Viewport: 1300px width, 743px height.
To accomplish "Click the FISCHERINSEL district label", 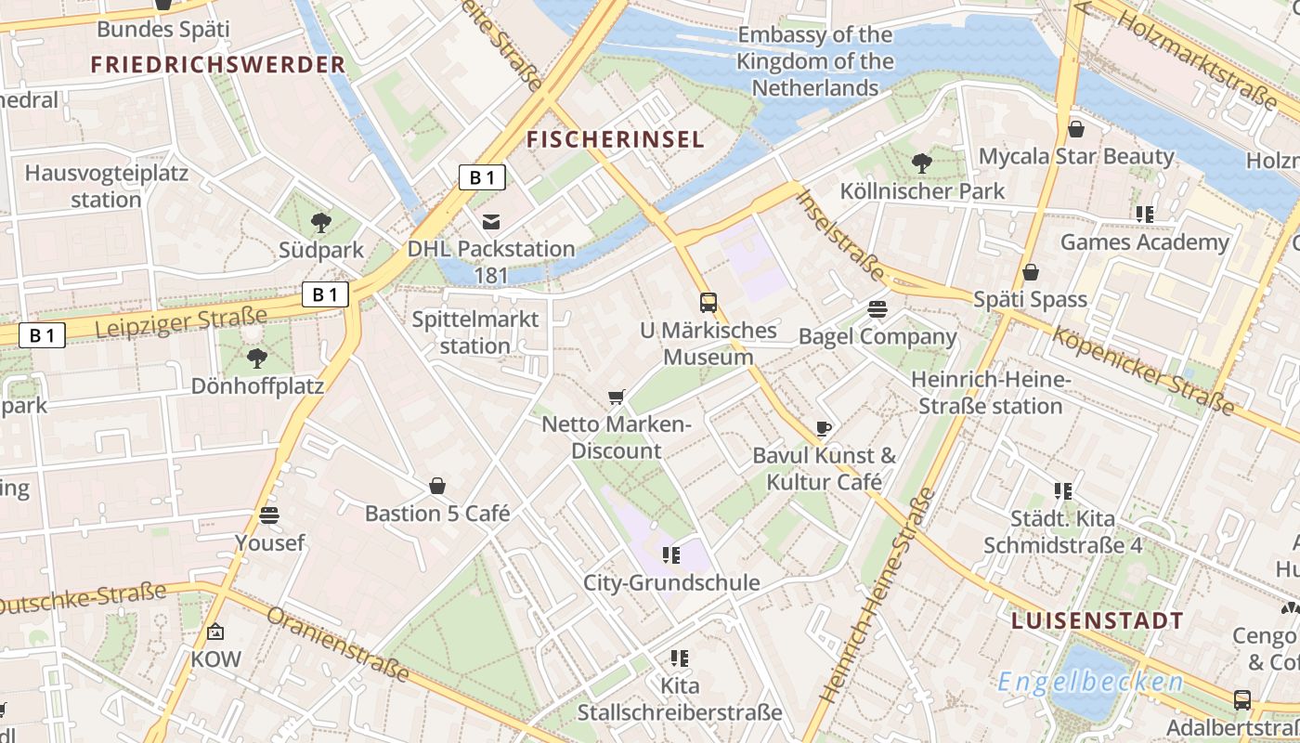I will [616, 140].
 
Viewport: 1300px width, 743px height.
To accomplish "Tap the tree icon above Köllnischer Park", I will [921, 163].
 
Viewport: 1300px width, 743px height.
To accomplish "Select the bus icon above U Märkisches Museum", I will [708, 302].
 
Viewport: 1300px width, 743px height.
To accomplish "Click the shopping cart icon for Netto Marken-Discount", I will [616, 398].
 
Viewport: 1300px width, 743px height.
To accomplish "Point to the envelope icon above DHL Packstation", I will [491, 221].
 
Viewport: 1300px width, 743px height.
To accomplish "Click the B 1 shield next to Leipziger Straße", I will [43, 335].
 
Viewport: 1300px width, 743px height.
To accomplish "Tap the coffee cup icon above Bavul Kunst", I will [823, 428].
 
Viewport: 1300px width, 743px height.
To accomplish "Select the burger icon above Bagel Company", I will [877, 308].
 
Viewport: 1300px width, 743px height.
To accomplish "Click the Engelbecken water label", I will [1090, 683].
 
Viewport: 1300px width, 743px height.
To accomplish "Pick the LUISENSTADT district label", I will [1097, 621].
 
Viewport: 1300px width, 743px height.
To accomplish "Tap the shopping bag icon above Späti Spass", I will [1030, 272].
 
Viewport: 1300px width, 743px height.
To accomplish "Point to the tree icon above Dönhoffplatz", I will [257, 358].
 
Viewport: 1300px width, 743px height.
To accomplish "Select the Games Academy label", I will [1144, 242].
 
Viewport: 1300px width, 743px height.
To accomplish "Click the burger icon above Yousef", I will [270, 515].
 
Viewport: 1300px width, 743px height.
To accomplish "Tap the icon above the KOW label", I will [215, 632].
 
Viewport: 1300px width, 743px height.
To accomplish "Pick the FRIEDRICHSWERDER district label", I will [218, 65].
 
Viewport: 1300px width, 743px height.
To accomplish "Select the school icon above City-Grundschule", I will [671, 555].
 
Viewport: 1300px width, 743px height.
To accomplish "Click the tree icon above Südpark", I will [321, 222].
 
